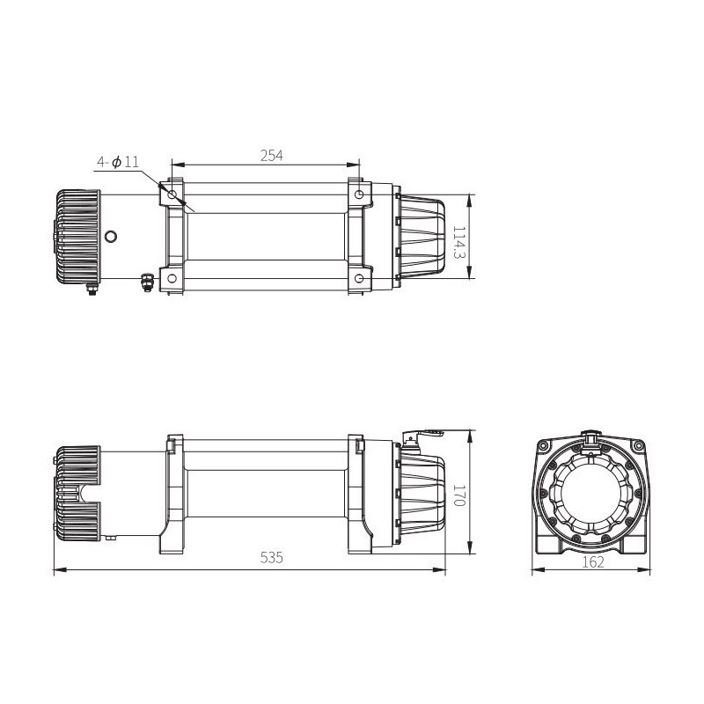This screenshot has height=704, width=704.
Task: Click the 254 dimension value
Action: tap(272, 155)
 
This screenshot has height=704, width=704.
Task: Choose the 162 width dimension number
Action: tap(595, 563)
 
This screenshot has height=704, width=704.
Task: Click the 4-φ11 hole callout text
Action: tap(118, 162)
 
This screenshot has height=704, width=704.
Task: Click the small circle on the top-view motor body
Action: tap(111, 236)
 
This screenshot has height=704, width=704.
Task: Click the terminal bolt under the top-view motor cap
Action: tap(91, 290)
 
